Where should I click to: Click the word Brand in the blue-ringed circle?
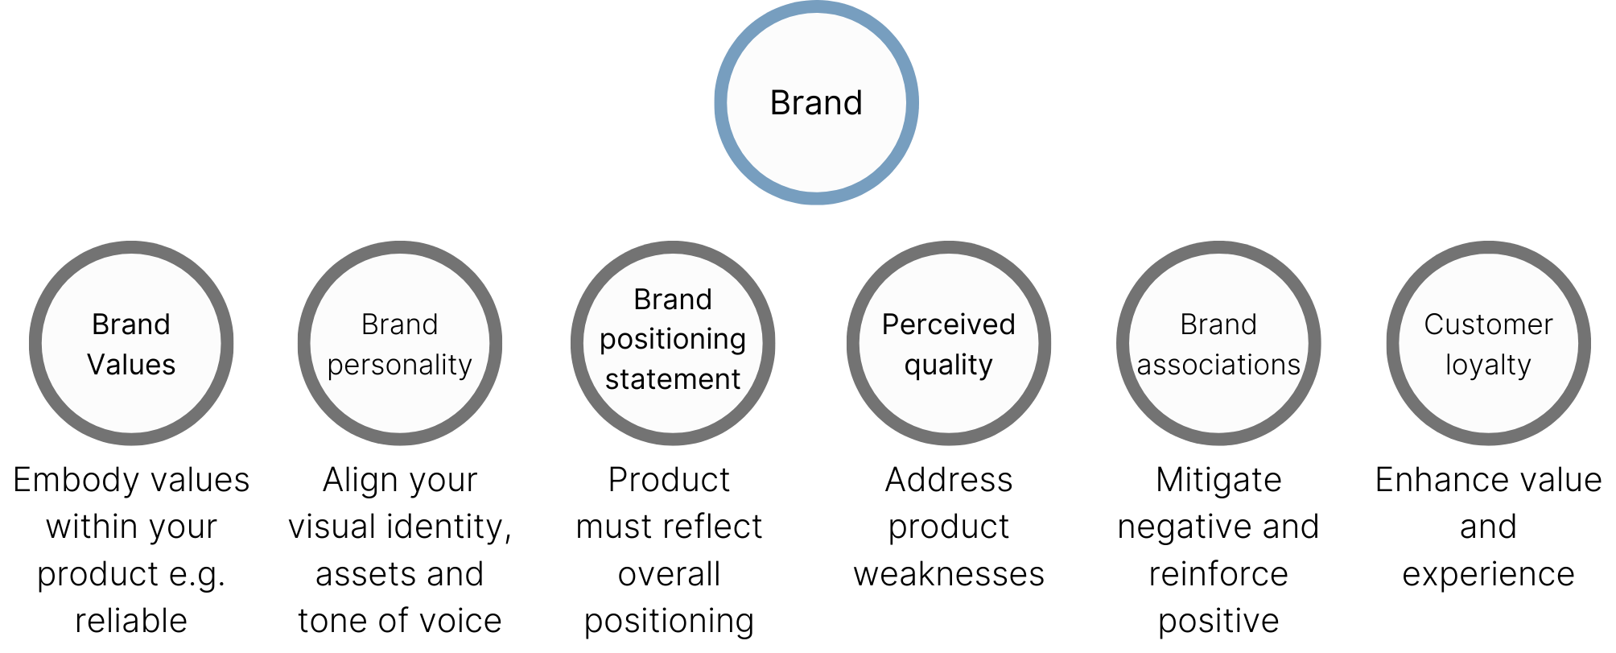click(816, 103)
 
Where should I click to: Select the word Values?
click(131, 365)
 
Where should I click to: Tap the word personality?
click(399, 365)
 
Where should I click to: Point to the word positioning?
click(673, 339)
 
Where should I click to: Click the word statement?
click(673, 378)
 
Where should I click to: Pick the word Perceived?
click(948, 324)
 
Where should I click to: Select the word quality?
click(948, 365)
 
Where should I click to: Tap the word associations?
click(1218, 365)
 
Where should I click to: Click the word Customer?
click(1488, 324)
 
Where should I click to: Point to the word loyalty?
click(1488, 365)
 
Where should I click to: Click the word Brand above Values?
click(131, 324)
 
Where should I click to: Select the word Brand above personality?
click(399, 324)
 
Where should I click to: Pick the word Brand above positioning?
click(673, 300)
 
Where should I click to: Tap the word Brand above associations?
click(1218, 324)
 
